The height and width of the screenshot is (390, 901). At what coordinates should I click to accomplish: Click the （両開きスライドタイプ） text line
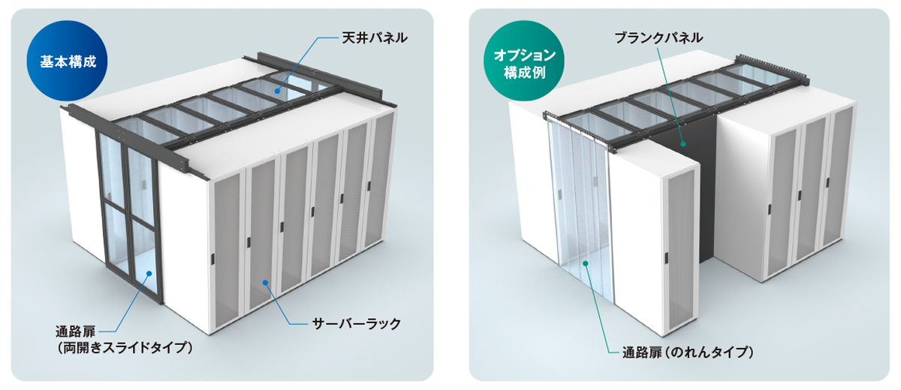[125, 347]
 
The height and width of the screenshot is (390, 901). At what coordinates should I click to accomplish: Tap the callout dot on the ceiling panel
[278, 90]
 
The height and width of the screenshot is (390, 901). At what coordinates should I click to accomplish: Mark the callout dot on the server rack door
[265, 282]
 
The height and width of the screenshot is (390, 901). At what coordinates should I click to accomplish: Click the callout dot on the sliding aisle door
[149, 274]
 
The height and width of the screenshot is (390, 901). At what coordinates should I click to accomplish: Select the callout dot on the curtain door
[586, 262]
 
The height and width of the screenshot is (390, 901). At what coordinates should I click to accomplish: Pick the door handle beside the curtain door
[665, 259]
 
